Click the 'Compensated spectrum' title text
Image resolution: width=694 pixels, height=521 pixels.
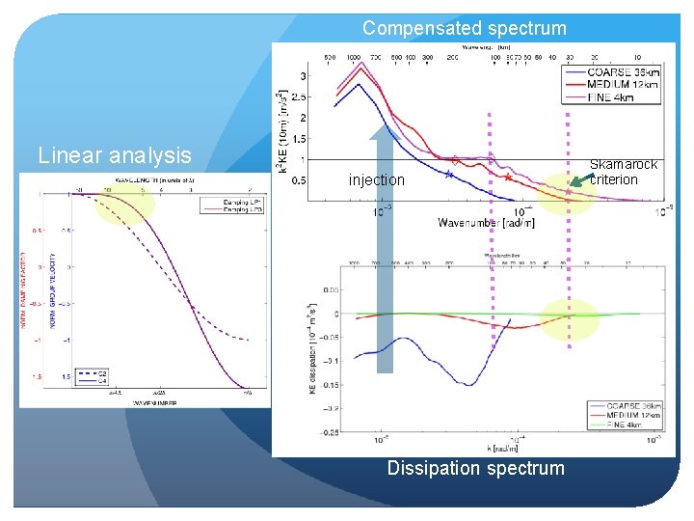(x=465, y=28)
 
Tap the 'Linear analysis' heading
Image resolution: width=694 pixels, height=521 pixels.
(x=114, y=155)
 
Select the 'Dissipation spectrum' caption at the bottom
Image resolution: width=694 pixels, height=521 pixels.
(x=475, y=468)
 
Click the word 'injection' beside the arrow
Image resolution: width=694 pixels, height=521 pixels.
(x=377, y=179)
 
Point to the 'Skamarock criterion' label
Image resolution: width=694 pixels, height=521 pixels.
(x=623, y=172)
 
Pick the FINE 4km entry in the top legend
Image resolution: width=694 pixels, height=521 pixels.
(x=610, y=96)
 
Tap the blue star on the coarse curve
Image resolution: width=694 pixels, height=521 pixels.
(x=449, y=175)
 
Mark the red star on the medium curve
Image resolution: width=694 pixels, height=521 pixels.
(x=508, y=178)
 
